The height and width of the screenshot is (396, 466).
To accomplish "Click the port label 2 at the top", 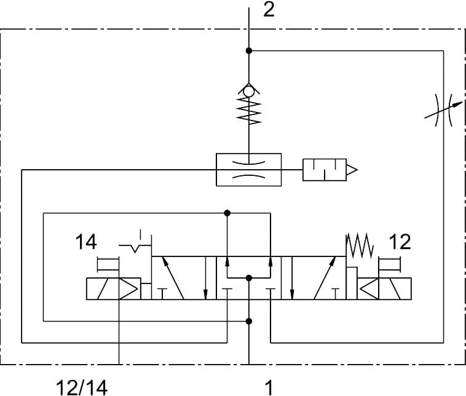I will (x=269, y=10).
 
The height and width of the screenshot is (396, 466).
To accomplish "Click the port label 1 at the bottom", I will (x=269, y=387).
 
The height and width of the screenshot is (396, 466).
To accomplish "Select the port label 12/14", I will (x=82, y=387).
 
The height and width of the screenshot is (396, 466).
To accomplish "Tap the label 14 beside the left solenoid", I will (x=86, y=242).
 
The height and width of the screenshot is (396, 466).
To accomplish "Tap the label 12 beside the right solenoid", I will (x=400, y=242).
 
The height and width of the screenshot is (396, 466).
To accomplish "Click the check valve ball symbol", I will (x=248, y=91).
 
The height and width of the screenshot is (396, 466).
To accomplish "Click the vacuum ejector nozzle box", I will (x=248, y=169).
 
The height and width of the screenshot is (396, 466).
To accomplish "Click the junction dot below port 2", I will (x=248, y=50).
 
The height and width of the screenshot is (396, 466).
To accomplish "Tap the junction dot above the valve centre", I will (x=227, y=213).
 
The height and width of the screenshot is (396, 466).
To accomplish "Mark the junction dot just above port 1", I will (x=248, y=320).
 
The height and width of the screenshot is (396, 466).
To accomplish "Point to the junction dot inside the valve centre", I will (x=248, y=279).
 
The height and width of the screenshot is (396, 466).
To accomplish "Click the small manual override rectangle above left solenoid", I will (x=109, y=264).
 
